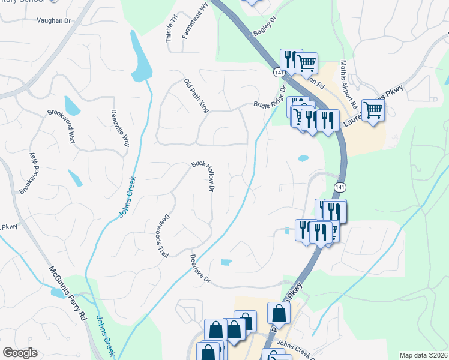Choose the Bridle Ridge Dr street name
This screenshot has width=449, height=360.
point(270,98)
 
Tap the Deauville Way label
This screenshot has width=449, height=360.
point(120,128)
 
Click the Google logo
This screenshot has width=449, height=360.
point(20,353)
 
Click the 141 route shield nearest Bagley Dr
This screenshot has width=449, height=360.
point(277,72)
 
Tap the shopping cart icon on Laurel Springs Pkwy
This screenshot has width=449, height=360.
point(373,111)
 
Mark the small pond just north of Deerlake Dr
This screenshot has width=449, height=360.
point(226,262)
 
